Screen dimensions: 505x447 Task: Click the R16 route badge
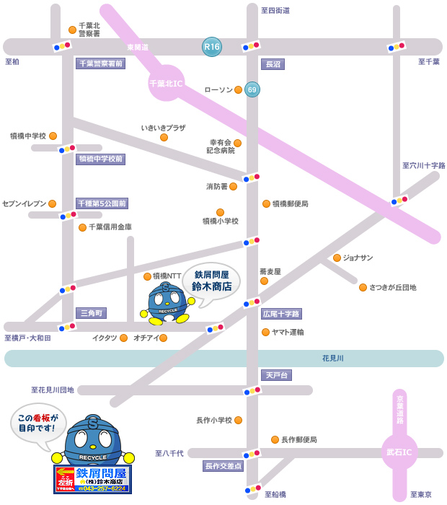tap(212, 47)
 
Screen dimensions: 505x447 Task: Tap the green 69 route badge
tap(252, 89)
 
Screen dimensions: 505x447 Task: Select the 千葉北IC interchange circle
tap(167, 83)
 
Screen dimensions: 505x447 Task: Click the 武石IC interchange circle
tap(399, 452)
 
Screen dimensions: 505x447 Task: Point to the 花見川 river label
tap(333, 358)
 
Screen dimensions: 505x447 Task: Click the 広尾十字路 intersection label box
tap(281, 314)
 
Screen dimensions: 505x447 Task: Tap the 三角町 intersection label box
tap(92, 313)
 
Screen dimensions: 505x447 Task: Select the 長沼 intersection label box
tap(273, 64)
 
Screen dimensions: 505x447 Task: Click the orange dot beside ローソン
tap(238, 90)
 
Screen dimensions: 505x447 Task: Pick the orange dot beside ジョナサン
tap(337, 258)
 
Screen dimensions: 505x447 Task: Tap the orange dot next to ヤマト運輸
tap(265, 333)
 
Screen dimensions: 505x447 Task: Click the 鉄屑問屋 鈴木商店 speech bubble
tap(211, 281)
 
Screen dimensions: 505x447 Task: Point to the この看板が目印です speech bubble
tap(37, 423)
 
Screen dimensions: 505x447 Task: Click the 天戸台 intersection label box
tap(276, 375)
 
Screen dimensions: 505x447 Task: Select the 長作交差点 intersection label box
tap(223, 466)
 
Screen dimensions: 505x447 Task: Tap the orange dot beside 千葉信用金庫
tap(82, 227)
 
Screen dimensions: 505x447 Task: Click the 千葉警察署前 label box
tap(101, 63)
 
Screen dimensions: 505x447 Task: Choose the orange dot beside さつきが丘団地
tap(363, 287)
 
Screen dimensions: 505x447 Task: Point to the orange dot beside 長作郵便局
tap(275, 439)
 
